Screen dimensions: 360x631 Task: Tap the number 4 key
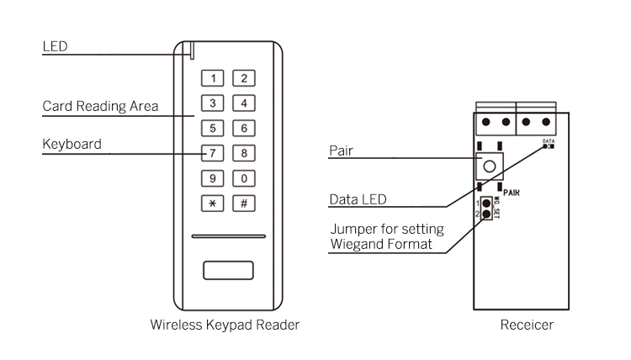point(244,103)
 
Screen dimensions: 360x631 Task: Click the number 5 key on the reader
point(214,129)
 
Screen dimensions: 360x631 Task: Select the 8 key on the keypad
point(244,153)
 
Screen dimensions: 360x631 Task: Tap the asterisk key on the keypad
point(214,203)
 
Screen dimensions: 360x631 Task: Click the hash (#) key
point(244,203)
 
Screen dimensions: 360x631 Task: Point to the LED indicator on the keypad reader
point(193,51)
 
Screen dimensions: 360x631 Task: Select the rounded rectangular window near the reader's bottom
point(228,272)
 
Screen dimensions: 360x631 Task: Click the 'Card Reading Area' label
point(100,108)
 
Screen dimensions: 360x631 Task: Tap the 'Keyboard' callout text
point(72,144)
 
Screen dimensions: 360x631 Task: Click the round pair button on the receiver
point(489,163)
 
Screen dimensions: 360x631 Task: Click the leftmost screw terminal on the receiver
point(485,121)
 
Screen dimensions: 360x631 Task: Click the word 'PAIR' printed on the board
point(512,192)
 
